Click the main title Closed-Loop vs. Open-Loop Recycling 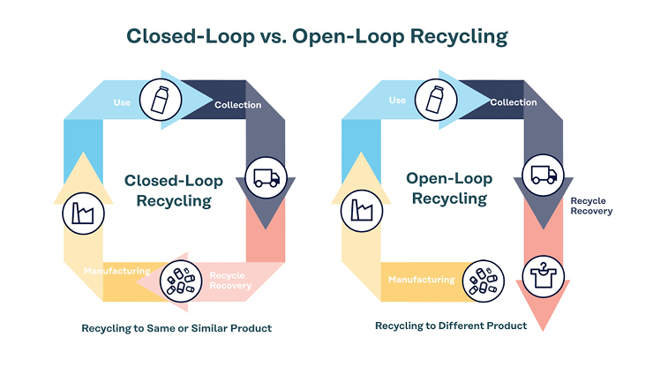pyautogui.click(x=317, y=37)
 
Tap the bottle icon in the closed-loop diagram pyautogui.click(x=161, y=100)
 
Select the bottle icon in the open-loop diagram pyautogui.click(x=436, y=100)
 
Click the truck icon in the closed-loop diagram pyautogui.click(x=266, y=178)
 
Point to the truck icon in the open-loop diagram pyautogui.click(x=543, y=176)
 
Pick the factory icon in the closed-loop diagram pyautogui.click(x=83, y=213)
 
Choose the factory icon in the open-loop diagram pyautogui.click(x=362, y=211)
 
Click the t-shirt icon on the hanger pyautogui.click(x=543, y=277)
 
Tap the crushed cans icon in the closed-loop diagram pyautogui.click(x=181, y=281)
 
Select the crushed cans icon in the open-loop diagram pyautogui.click(x=483, y=281)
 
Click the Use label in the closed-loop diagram pyautogui.click(x=122, y=102)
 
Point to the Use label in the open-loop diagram pyautogui.click(x=397, y=101)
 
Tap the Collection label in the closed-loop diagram pyautogui.click(x=237, y=105)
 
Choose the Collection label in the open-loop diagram pyautogui.click(x=514, y=102)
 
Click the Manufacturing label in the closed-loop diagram pyautogui.click(x=117, y=271)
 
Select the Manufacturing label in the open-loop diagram pyautogui.click(x=422, y=280)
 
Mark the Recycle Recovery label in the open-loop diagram pyautogui.click(x=591, y=206)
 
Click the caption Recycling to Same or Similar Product pyautogui.click(x=176, y=328)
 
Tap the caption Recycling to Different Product pyautogui.click(x=451, y=326)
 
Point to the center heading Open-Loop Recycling pyautogui.click(x=449, y=188)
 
